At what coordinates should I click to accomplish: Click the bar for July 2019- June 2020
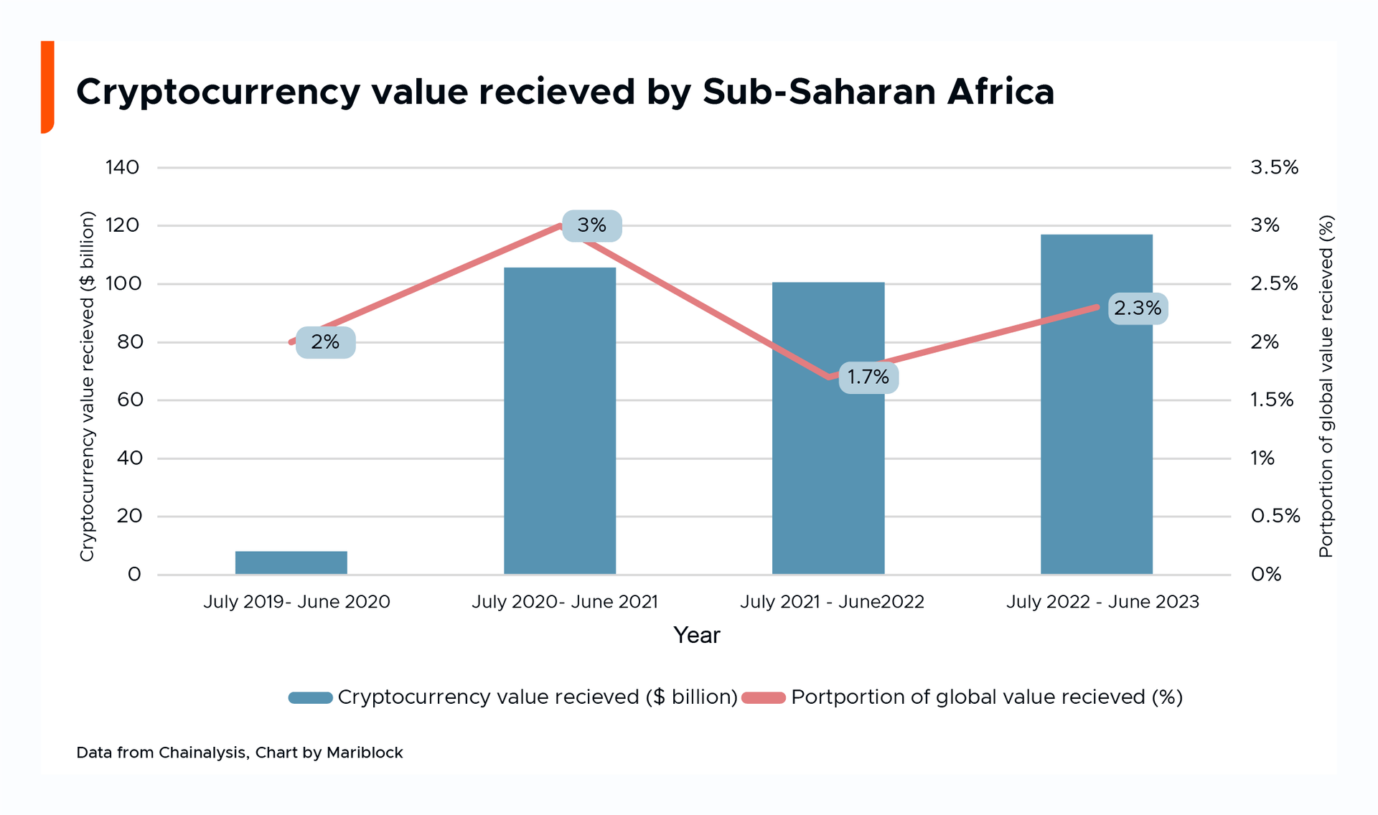[291, 562]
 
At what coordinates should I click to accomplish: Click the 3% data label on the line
[591, 225]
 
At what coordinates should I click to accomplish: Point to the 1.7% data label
[868, 377]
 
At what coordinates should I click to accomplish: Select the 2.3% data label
[1138, 308]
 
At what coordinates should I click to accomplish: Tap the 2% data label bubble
[325, 342]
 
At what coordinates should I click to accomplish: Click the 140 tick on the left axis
[122, 168]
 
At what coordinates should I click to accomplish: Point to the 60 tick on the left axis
[129, 400]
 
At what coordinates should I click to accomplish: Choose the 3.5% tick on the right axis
[1274, 168]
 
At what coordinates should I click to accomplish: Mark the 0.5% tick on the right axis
[1275, 516]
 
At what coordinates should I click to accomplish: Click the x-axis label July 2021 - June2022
[832, 602]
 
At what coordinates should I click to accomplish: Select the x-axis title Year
[696, 636]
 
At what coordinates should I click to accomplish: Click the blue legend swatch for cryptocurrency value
[310, 697]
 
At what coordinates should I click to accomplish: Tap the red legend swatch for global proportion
[764, 697]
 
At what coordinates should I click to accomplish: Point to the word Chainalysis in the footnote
[203, 753]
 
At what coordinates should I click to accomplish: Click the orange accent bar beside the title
[47, 86]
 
